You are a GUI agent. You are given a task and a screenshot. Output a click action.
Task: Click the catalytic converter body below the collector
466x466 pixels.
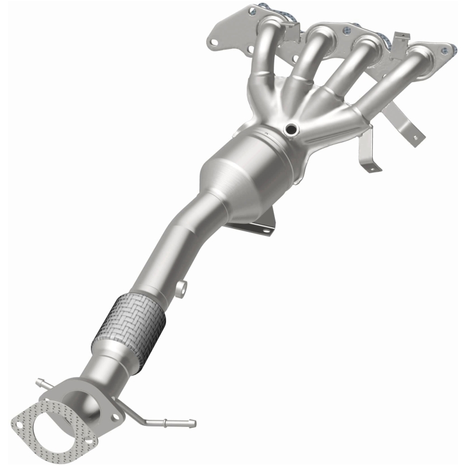point(239,171)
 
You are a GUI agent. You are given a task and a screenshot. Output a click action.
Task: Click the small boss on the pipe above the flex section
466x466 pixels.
point(182,287)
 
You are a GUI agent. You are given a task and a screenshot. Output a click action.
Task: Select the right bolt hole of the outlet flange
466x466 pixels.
point(115,416)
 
